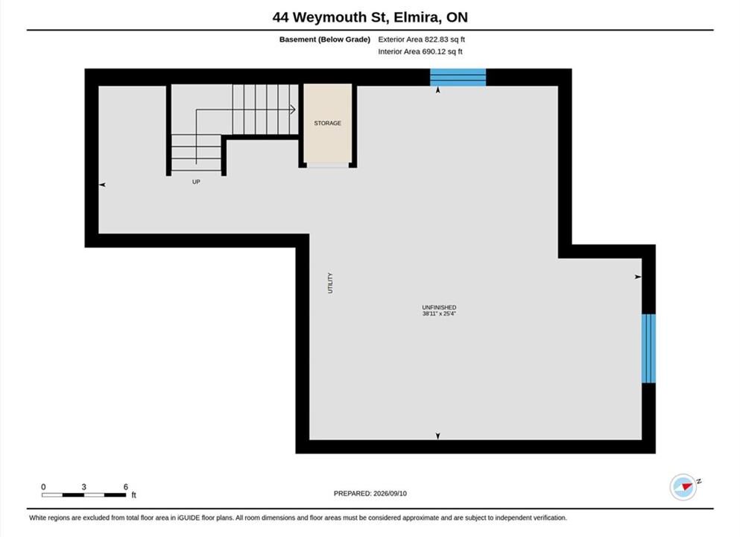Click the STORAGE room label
328,123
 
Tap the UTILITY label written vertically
330,283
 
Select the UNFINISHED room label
439,307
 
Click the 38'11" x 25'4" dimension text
439,313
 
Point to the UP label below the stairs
196,182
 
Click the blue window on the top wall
458,78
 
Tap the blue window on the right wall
648,348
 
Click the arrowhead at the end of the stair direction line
293,110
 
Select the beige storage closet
328,124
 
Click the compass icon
683,487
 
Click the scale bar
83,495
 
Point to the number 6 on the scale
125,486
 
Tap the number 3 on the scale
83,486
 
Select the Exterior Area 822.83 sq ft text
422,40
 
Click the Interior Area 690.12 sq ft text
420,51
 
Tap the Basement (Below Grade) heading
325,40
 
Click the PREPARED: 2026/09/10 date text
370,494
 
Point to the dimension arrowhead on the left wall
102,185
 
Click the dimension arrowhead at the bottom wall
438,436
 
